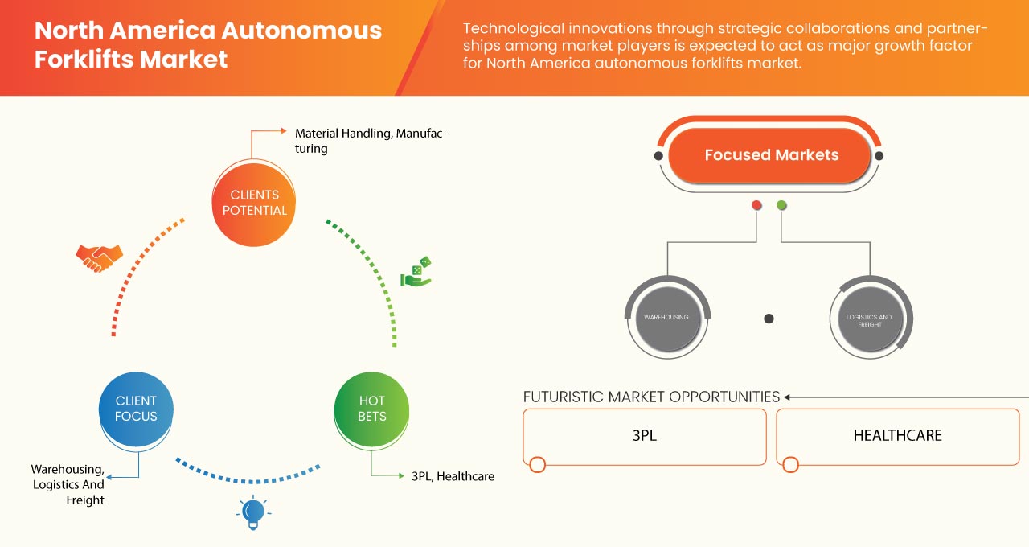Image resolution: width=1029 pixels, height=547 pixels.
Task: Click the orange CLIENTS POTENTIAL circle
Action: [x=253, y=203]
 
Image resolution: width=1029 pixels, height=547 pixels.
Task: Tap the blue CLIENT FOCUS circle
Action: [x=136, y=409]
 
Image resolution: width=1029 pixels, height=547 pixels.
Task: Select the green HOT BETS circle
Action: [x=371, y=409]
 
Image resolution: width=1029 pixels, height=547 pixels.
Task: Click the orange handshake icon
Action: [x=99, y=257]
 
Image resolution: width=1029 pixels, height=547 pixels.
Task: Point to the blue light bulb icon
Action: [x=253, y=512]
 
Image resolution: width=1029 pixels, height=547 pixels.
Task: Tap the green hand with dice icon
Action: [x=416, y=273]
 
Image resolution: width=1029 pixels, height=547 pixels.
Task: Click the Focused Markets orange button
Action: [x=770, y=155]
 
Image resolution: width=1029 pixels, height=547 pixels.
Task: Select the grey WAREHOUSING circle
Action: [x=666, y=318]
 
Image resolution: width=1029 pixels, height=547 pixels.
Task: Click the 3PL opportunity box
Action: [x=645, y=436]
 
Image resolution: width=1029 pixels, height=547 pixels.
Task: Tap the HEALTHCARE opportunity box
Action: [x=897, y=436]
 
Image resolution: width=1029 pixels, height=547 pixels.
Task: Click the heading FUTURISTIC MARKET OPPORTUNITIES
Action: [x=651, y=397]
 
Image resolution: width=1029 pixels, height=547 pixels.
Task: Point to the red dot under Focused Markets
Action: [x=756, y=205]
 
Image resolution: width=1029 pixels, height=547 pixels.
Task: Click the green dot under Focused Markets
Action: [x=782, y=205]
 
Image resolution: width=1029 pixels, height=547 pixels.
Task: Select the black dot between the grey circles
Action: [x=769, y=319]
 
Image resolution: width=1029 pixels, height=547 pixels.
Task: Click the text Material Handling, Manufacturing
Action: [x=371, y=141]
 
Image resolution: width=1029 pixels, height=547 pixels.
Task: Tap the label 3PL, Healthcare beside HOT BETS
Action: [x=453, y=476]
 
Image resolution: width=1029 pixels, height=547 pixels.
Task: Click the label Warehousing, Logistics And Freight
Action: [x=68, y=484]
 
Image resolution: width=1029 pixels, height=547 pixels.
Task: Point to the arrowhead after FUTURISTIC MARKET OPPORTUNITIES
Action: [x=788, y=397]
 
